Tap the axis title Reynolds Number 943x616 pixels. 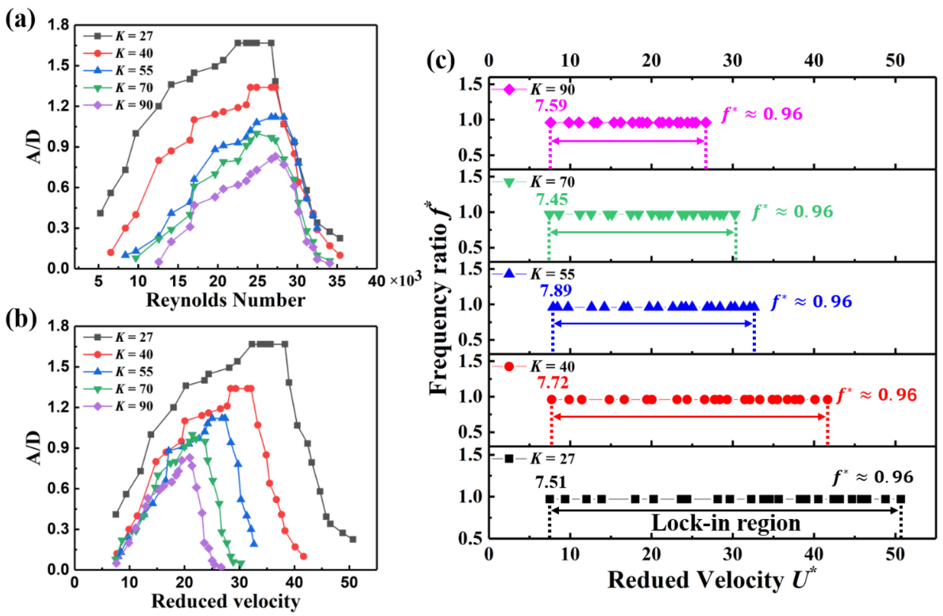225,300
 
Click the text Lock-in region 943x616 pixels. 726,523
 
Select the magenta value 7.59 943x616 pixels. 551,105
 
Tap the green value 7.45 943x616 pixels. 552,199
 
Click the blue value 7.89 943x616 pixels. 556,291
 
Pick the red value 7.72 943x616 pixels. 553,383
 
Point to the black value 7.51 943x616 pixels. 551,482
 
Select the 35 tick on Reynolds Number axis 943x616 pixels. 337,282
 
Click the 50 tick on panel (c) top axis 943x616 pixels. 895,60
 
